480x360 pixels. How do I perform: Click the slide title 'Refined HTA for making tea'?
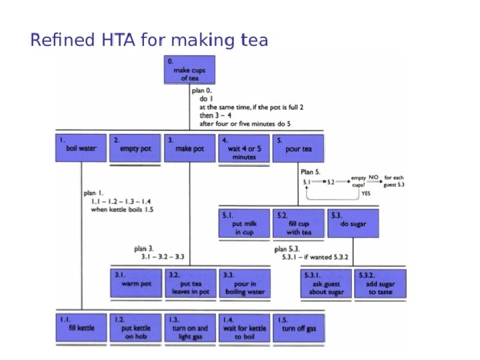point(149,41)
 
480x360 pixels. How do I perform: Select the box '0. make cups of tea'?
point(189,69)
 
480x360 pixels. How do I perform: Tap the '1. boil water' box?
point(81,148)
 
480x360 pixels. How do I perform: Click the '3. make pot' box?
point(189,148)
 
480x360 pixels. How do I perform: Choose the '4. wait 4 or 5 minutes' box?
point(244,148)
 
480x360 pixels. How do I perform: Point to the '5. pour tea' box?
point(298,148)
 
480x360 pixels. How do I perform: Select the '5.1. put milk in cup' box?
point(244,224)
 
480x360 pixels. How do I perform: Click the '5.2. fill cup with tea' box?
point(299,224)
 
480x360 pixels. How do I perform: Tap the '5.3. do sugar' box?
point(353,224)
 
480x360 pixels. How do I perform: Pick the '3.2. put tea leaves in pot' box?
point(189,283)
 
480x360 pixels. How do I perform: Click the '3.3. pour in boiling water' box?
point(244,283)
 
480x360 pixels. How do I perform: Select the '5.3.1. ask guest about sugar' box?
point(325,283)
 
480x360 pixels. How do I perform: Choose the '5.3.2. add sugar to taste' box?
point(380,283)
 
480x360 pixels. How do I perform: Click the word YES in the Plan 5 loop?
point(365,193)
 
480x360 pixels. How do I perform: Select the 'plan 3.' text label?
point(144,248)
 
